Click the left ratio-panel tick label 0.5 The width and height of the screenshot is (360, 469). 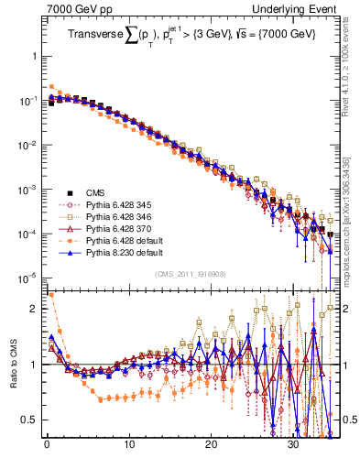coord(32,420)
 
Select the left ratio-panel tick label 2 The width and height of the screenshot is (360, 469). coord(37,309)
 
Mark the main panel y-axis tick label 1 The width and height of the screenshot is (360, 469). coord(37,56)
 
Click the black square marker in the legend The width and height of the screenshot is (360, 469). coord(70,192)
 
